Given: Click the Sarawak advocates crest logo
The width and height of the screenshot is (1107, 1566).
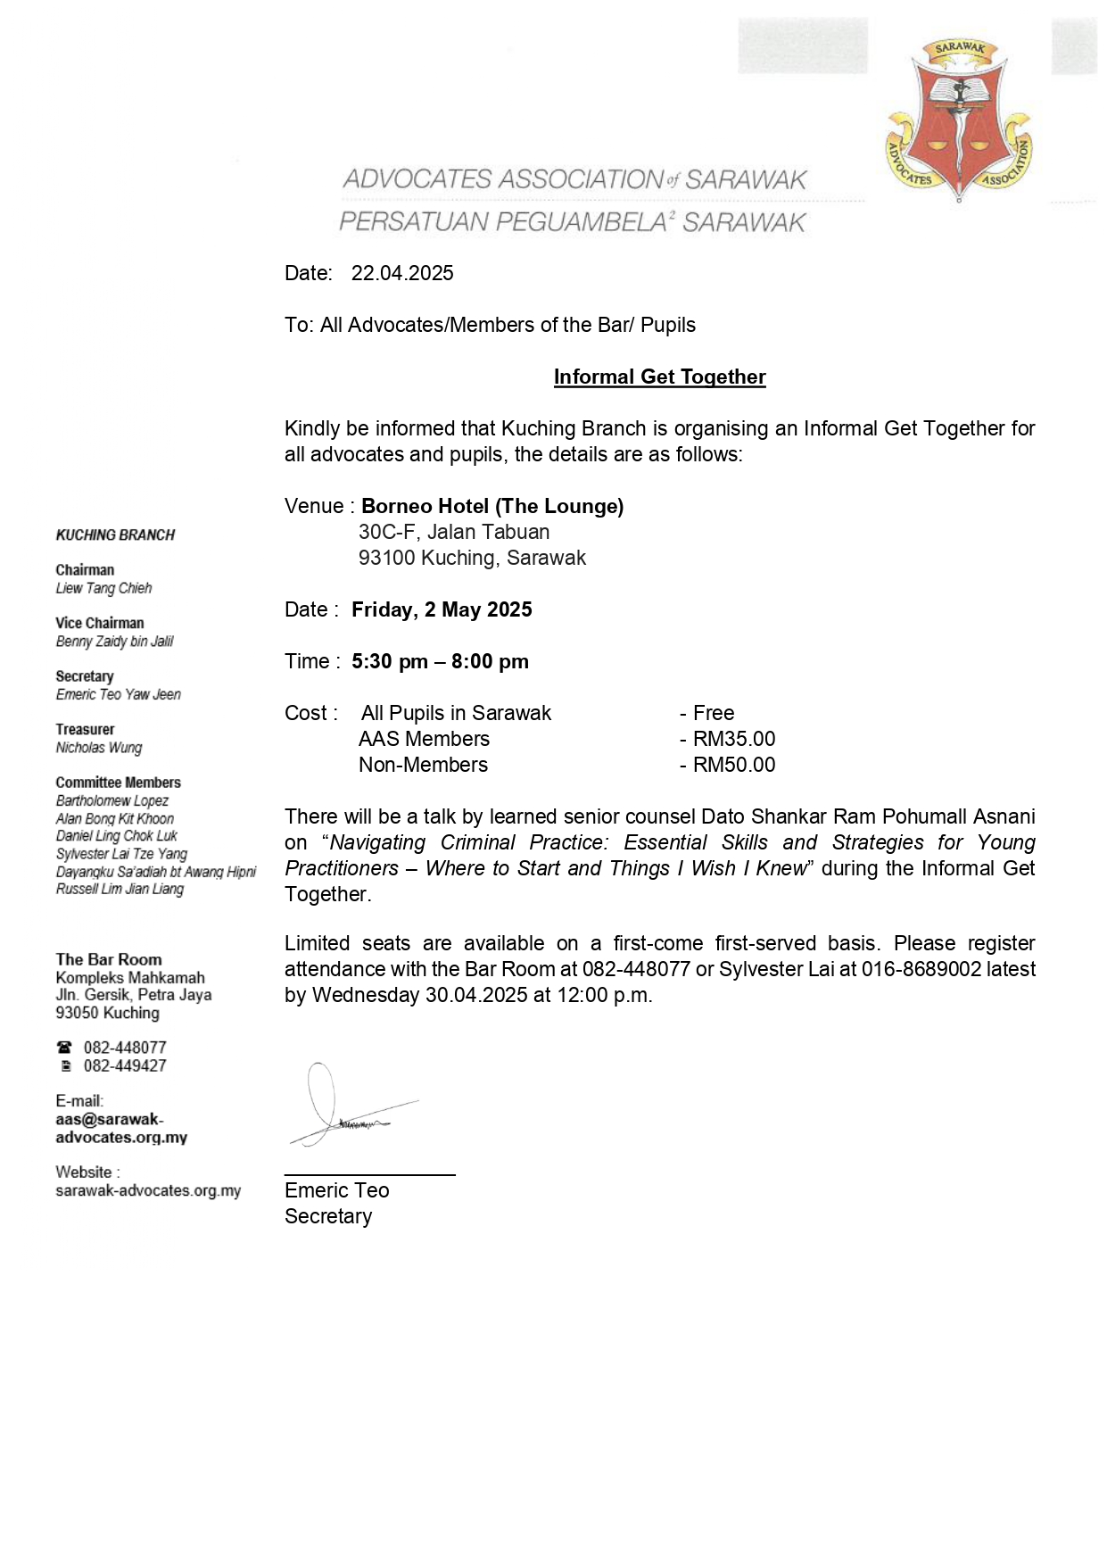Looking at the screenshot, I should pos(959,120).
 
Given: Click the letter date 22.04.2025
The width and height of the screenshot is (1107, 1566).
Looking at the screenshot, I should pos(402,273).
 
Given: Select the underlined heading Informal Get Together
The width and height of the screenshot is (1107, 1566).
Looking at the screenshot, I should pos(659,377).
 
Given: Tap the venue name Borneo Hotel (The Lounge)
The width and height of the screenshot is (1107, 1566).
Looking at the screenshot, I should pos(492,506).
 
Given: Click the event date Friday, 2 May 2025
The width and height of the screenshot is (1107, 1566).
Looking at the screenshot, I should pos(442,609).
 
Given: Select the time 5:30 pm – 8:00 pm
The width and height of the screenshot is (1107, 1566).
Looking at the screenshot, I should pos(440,661).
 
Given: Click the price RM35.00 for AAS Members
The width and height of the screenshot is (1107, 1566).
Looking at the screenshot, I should pos(734,739).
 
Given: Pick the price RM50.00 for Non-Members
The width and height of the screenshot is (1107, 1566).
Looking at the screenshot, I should pos(734,765).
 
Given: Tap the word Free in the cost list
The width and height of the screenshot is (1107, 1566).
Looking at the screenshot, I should pos(714,713).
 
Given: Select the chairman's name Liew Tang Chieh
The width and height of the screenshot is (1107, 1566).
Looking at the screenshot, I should pos(103,588).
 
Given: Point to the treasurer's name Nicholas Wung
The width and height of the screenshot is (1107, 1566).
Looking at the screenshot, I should pos(99,748).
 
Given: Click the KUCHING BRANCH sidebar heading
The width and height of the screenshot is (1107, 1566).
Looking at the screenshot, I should pos(115,535).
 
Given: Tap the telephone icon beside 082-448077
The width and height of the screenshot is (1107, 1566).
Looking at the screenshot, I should pos(64,1048).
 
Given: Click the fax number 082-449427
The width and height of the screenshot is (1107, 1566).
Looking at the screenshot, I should pos(125,1065).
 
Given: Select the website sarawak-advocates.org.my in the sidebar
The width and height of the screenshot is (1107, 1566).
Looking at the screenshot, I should pos(148,1190).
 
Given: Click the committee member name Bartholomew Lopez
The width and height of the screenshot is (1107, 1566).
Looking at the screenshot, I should pos(112,800).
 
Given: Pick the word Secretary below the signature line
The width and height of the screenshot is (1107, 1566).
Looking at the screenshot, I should pos(328,1216).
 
